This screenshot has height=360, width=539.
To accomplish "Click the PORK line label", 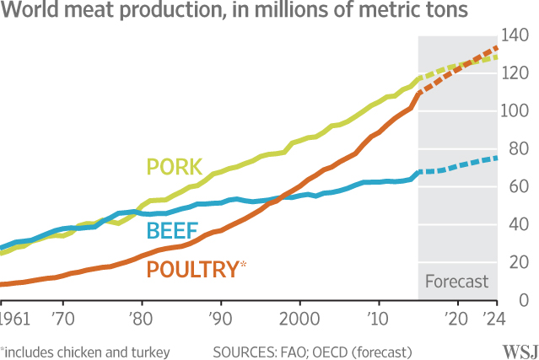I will pos(178,167).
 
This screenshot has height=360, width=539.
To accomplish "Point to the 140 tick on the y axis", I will pos(515,36).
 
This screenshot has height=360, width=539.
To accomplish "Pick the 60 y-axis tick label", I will pos(518,188).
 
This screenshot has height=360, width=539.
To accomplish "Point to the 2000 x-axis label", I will pos(299,321).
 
